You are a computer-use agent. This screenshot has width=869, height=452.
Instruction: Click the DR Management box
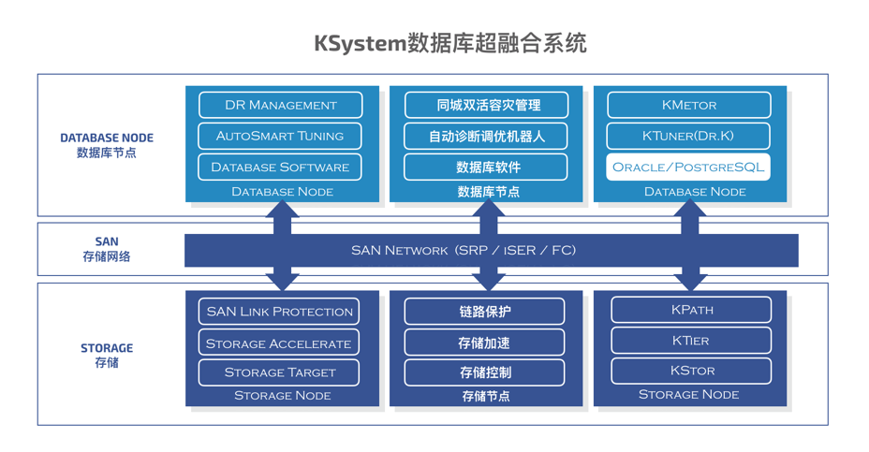tap(280, 105)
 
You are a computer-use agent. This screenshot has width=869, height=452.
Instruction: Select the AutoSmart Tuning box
tap(280, 136)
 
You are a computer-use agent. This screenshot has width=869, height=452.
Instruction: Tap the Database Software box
tap(280, 167)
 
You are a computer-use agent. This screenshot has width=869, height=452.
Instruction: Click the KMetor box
tap(688, 105)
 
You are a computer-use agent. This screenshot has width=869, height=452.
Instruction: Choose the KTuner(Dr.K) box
tap(688, 136)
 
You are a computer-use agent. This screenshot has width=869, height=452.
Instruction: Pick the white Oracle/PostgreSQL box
tap(688, 167)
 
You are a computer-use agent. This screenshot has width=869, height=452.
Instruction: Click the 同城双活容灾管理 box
tap(486, 105)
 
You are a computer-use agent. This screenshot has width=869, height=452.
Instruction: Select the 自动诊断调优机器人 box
tap(486, 136)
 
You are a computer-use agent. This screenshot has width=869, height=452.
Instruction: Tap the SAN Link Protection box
tap(280, 311)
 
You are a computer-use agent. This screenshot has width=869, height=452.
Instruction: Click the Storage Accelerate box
tap(280, 343)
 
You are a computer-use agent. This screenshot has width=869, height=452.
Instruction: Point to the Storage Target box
tap(280, 372)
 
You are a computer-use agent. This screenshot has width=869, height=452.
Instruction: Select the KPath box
tap(691, 310)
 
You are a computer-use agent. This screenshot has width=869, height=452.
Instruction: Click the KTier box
tap(691, 341)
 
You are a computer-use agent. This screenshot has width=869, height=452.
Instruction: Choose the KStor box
tap(691, 371)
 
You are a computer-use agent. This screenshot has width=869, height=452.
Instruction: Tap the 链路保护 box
tap(484, 311)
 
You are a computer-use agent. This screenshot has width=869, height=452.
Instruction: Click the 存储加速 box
tap(484, 343)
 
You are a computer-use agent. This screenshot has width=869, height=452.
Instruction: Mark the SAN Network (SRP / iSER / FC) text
tap(464, 250)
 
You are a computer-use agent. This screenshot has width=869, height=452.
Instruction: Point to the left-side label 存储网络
tap(107, 256)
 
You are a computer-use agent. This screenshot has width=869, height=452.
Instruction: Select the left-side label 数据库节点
tap(107, 153)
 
